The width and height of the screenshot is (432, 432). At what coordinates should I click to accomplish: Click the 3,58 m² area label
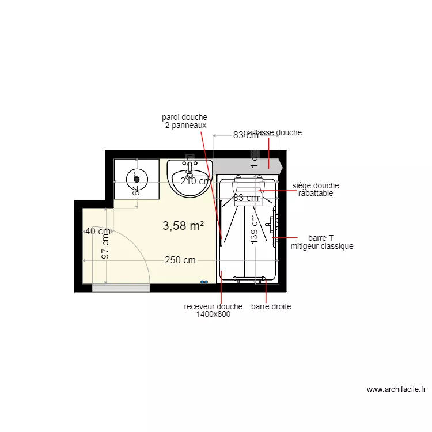tap(183, 226)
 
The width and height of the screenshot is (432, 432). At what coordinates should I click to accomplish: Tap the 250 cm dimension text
tap(180, 260)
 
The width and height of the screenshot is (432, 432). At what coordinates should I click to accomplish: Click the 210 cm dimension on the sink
tap(195, 181)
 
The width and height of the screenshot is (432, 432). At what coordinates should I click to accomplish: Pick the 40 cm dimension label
tap(97, 232)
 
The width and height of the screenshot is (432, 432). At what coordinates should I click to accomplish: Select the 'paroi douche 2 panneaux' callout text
tap(184, 121)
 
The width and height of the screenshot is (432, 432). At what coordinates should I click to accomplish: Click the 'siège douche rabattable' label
tap(316, 190)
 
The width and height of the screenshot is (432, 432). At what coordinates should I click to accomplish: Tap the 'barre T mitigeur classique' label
tap(321, 242)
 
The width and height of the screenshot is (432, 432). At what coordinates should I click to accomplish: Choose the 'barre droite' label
tap(271, 307)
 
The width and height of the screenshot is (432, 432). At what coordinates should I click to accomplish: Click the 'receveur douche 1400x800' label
tap(213, 310)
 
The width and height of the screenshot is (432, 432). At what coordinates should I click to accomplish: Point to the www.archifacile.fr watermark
tap(396, 389)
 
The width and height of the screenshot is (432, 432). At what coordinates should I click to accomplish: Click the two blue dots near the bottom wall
tap(204, 282)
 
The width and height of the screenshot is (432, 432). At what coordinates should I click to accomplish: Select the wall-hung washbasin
tap(190, 179)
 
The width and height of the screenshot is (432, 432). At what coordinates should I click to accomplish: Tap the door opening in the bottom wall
tap(121, 288)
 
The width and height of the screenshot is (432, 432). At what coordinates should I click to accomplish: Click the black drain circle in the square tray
tap(137, 177)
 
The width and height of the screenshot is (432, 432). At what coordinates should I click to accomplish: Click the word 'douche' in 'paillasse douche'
tap(289, 132)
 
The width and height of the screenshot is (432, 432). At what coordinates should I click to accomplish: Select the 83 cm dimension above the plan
tap(245, 136)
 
